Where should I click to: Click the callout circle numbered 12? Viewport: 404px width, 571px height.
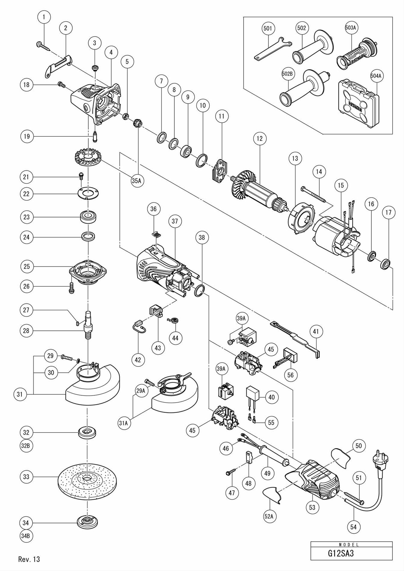(260, 139)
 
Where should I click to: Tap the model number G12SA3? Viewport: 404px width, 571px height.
(341, 553)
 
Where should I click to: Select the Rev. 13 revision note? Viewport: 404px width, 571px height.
(29, 559)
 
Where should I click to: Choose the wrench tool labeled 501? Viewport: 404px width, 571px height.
(272, 48)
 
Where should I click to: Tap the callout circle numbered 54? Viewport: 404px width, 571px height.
(353, 527)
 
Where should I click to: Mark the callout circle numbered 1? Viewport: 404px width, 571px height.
(44, 17)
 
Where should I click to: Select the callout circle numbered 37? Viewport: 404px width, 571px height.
(175, 221)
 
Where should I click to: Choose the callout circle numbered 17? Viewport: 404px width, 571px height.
(388, 212)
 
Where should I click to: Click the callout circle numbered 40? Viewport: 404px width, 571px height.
(271, 397)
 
